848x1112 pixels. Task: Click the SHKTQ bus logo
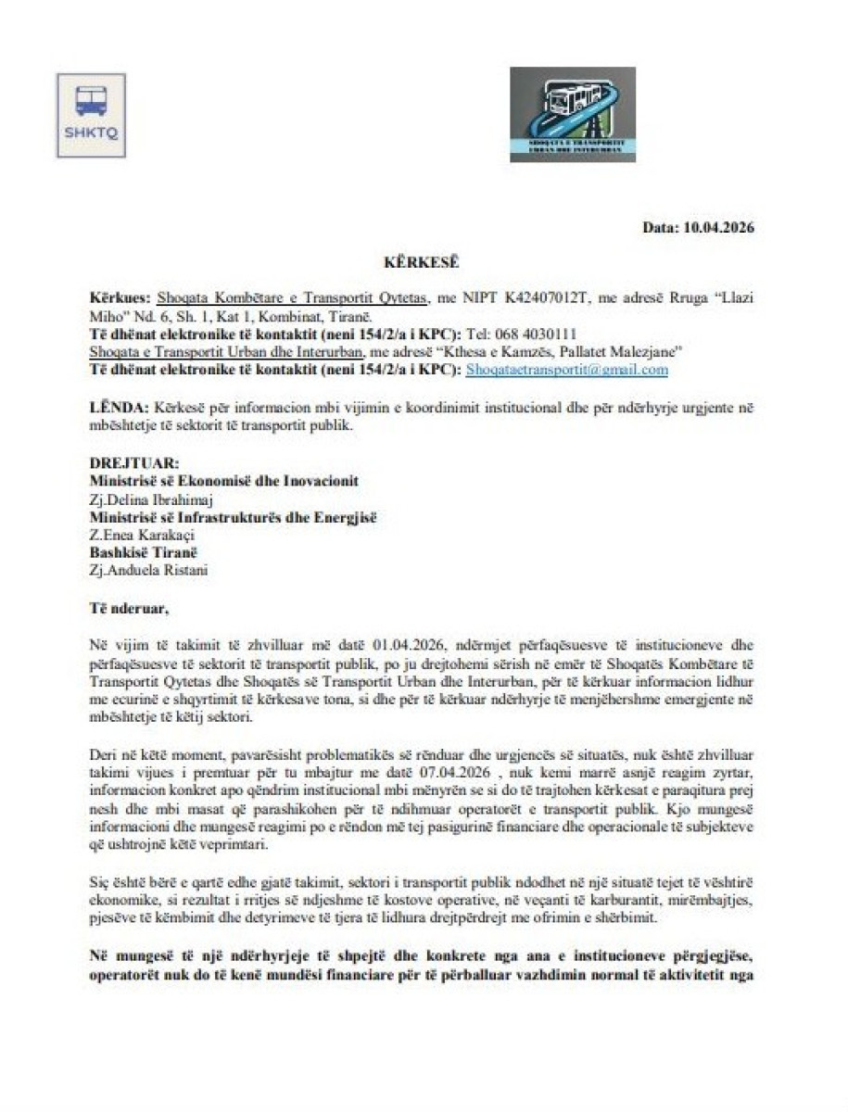(91, 115)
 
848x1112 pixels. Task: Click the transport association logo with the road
(572, 114)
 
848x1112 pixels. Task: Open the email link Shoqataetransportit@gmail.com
(567, 369)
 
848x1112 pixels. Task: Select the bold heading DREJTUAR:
(129, 463)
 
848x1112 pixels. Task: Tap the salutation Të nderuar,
(131, 609)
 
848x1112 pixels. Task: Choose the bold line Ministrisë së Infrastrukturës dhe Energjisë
(233, 517)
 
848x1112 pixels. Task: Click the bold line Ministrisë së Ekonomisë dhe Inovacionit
(223, 481)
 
